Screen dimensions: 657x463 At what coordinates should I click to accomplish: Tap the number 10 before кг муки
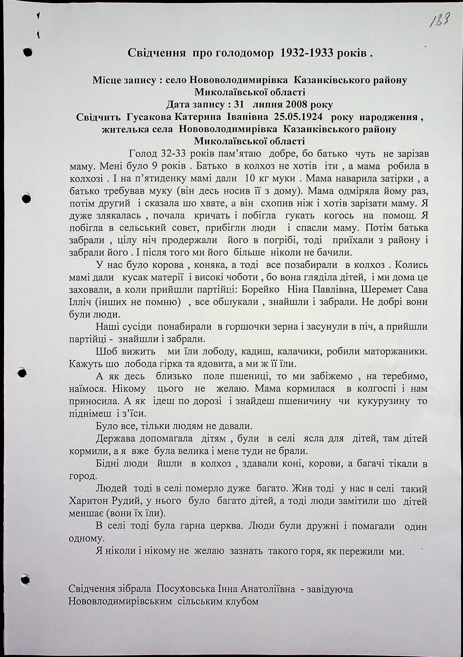(248, 179)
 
